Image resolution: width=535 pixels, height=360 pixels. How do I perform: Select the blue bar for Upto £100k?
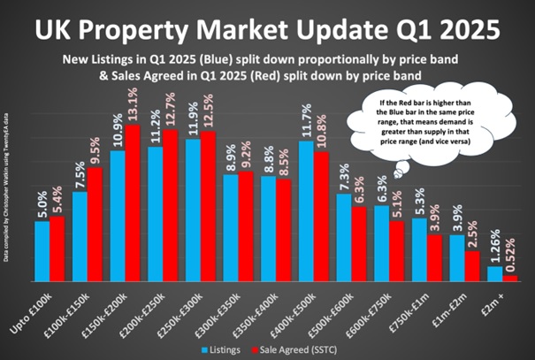point(42,251)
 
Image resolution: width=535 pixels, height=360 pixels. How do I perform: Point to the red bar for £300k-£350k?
point(246,226)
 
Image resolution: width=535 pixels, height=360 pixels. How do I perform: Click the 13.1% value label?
point(134,107)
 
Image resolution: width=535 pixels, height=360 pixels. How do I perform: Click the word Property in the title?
point(209,27)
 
